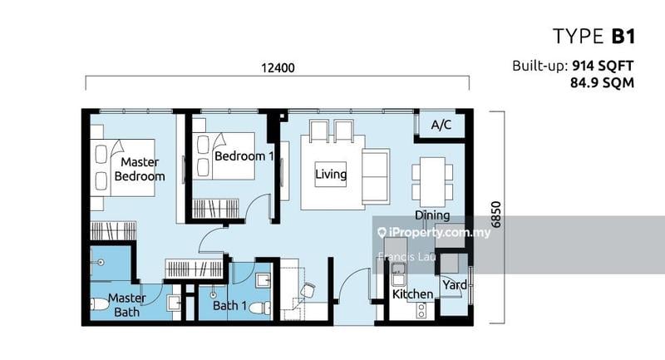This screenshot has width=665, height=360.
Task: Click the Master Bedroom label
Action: (x=140, y=169)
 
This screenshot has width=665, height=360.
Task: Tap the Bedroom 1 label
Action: (x=244, y=156)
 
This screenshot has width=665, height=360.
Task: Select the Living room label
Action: (x=331, y=174)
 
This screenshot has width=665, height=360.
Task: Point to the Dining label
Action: (x=432, y=215)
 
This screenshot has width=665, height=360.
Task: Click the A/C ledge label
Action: (x=441, y=125)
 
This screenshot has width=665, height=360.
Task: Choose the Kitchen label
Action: (x=412, y=293)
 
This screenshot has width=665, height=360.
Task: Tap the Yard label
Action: (x=455, y=284)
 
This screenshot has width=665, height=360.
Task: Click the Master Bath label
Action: (x=127, y=305)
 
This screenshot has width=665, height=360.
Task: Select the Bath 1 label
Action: (x=229, y=305)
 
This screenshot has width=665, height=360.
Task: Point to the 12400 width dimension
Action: (x=278, y=68)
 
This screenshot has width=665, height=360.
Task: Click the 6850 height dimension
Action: (x=495, y=215)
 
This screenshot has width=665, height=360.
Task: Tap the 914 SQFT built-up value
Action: (x=603, y=66)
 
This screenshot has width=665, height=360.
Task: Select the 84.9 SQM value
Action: (x=602, y=82)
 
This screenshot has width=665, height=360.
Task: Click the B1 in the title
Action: (x=623, y=37)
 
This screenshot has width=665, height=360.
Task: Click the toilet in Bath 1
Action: (x=259, y=308)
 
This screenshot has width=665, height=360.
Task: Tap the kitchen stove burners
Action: (x=421, y=310)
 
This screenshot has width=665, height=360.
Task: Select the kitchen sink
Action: (x=398, y=274)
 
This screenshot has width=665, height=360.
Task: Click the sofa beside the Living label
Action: (x=376, y=176)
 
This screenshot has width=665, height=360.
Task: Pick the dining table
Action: (x=432, y=182)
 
